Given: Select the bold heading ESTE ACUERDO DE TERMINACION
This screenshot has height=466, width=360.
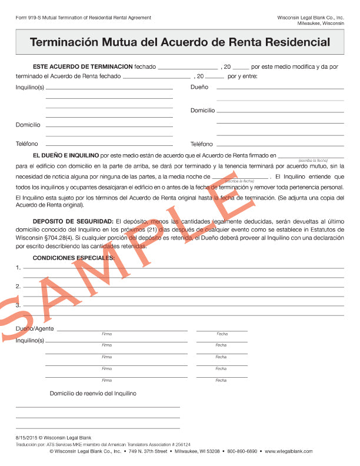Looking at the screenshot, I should tap(82, 66).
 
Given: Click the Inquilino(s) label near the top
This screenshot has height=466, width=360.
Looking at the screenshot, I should tap(30, 87).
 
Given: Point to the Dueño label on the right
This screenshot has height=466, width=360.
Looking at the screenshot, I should tap(199, 87).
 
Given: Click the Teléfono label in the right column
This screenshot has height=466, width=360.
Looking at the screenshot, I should tap(201, 144).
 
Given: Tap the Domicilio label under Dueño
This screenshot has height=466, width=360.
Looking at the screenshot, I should tap(202, 111).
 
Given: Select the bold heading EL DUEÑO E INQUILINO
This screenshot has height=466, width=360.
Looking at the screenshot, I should tap(66, 155).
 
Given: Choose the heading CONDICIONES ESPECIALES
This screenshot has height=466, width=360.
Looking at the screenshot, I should tap(74, 258).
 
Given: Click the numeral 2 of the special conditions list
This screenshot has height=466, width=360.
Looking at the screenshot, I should tap(18, 287).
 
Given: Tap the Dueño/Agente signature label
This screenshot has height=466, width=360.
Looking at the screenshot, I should tap(35, 328).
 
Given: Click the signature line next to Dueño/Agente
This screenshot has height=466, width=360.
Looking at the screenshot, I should tap(122, 330).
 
